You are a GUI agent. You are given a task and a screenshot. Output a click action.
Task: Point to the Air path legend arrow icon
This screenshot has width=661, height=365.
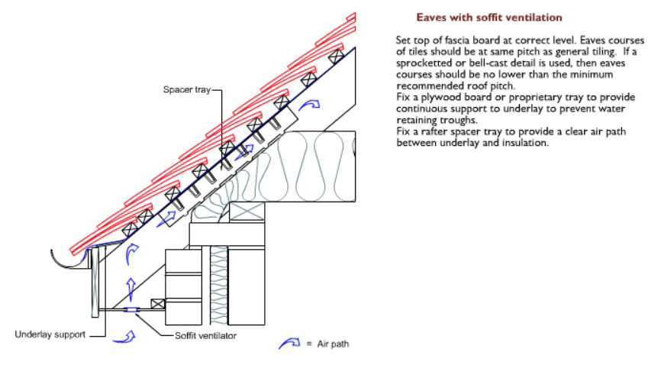click(290, 344)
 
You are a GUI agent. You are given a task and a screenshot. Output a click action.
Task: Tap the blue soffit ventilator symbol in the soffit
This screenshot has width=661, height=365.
click(131, 309)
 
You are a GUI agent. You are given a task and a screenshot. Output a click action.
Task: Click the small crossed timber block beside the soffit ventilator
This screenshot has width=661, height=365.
click(159, 304)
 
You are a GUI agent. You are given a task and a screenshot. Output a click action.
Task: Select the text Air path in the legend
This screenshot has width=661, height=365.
click(333, 344)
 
